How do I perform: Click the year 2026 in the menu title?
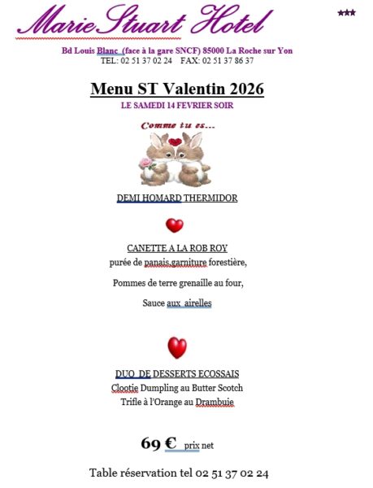click(240, 89)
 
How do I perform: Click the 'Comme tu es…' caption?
click(178, 125)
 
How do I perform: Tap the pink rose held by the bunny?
click(146, 163)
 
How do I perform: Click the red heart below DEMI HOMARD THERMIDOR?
click(175, 225)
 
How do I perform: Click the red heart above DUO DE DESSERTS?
click(176, 348)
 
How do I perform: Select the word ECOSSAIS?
click(214, 374)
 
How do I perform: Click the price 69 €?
click(158, 443)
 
